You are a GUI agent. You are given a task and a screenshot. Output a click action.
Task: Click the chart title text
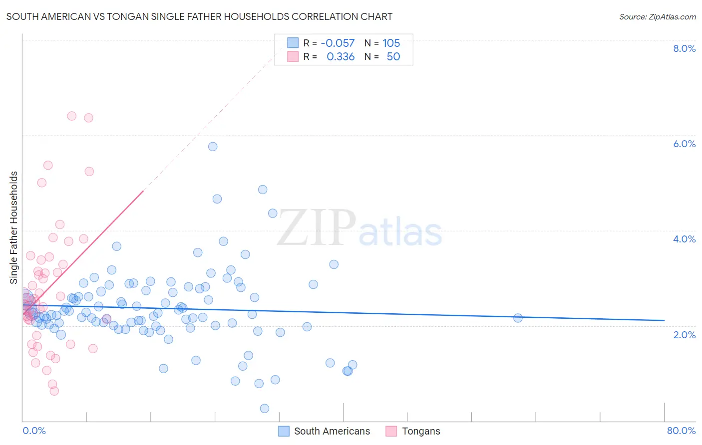pyautogui.click(x=199, y=16)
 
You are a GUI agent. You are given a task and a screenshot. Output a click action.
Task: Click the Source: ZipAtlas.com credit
pyautogui.click(x=657, y=16)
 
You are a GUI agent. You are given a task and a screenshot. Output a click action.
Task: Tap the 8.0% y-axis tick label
pyautogui.click(x=684, y=48)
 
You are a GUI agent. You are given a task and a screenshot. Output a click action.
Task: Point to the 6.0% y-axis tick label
pyautogui.click(x=684, y=144)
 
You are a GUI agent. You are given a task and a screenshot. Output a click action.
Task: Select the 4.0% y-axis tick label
pyautogui.click(x=684, y=239)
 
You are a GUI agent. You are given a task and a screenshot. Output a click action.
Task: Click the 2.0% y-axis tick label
pyautogui.click(x=684, y=335)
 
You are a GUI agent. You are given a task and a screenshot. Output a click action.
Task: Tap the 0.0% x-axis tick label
pyautogui.click(x=34, y=431)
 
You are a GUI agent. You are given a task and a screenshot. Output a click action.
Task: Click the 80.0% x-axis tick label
pyautogui.click(x=681, y=431)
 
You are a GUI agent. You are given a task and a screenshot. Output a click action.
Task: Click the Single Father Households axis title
pyautogui.click(x=13, y=227)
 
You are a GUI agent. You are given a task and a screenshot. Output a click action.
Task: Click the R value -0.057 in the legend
pyautogui.click(x=338, y=43)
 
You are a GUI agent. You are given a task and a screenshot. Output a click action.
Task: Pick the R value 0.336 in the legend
pyautogui.click(x=341, y=57)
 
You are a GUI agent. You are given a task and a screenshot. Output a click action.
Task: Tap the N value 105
pyautogui.click(x=391, y=43)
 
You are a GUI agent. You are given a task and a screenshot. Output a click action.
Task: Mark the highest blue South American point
pyautogui.click(x=213, y=147)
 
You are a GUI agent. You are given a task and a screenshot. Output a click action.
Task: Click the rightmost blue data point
pyautogui.click(x=518, y=318)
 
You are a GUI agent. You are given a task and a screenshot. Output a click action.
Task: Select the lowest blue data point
pyautogui.click(x=265, y=409)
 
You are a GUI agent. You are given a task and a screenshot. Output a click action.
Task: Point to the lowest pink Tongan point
pyautogui.click(x=54, y=391)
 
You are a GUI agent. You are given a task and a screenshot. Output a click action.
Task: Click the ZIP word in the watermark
pyautogui.click(x=317, y=228)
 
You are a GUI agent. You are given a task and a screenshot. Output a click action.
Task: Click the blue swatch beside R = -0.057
pyautogui.click(x=293, y=43)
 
